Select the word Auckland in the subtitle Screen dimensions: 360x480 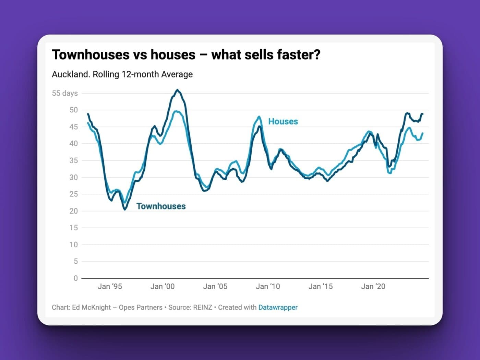tap(71, 74)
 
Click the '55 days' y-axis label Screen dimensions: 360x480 tap(65, 93)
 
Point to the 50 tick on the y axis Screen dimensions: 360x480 tap(73, 110)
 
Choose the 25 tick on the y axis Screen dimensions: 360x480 tap(73, 194)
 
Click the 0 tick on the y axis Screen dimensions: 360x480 tap(75, 278)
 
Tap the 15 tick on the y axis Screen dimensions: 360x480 tap(73, 228)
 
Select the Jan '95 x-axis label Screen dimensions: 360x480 tap(110, 287)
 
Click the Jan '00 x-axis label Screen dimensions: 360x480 tap(163, 287)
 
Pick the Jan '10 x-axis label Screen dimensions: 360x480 tap(268, 287)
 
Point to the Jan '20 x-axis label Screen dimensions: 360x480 tap(373, 287)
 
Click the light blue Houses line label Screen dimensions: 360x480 tap(283, 121)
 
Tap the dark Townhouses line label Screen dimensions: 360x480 tap(161, 206)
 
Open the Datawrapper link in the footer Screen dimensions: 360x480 tap(278, 308)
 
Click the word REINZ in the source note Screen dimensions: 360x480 tap(203, 308)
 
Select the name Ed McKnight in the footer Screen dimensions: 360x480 tap(91, 308)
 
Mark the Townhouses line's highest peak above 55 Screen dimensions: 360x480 tap(177, 90)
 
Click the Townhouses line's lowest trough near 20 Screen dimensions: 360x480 tap(125, 209)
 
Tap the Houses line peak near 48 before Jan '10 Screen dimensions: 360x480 tap(259, 117)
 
